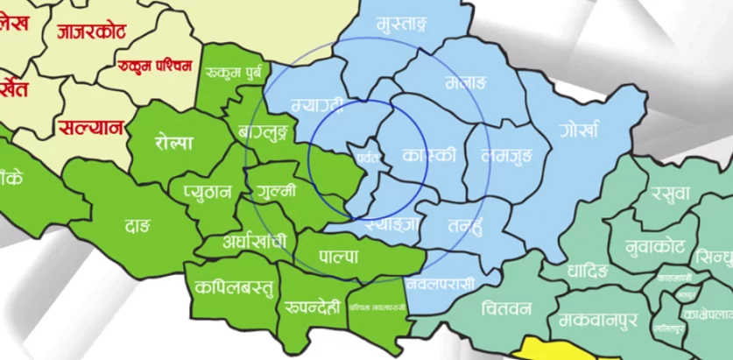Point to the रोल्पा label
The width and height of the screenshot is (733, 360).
click(x=173, y=142)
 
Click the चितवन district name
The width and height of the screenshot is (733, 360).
click(x=505, y=308)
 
